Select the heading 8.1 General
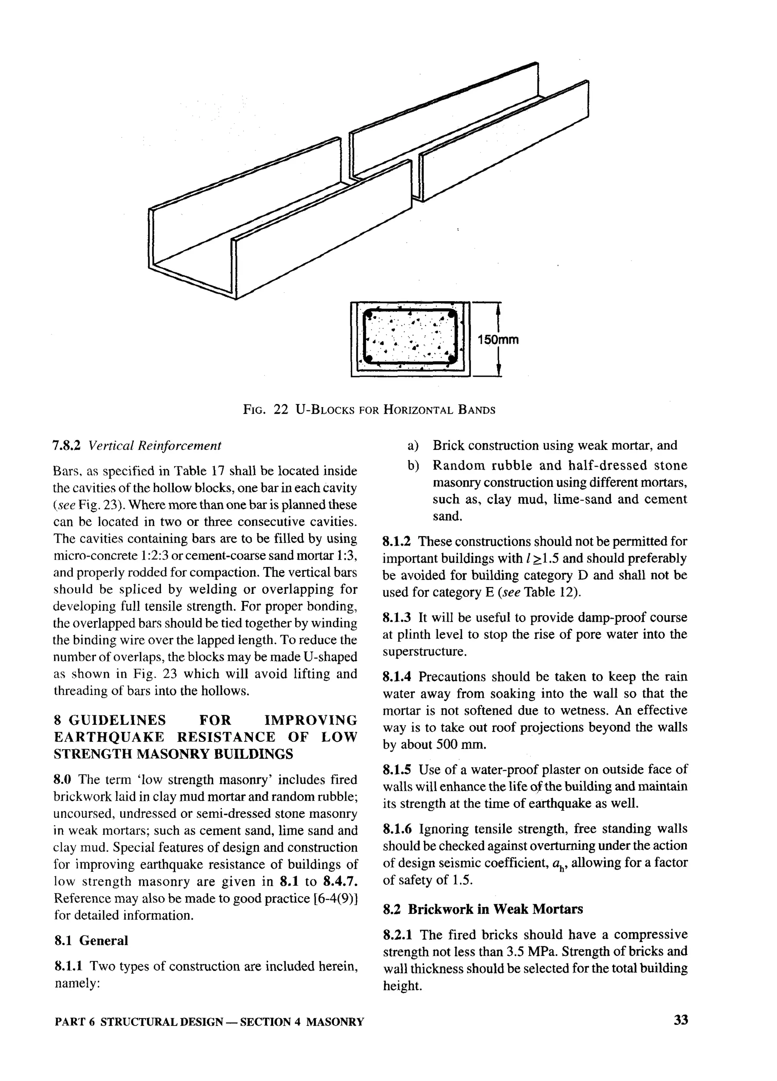(91, 941)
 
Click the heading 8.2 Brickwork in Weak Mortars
(483, 909)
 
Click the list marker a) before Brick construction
(412, 446)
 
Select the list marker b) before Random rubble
(412, 466)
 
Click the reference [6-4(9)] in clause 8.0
(335, 898)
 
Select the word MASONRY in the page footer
(335, 1021)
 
